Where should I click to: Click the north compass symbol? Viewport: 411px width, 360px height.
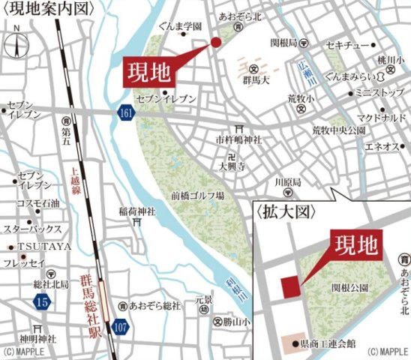coord(16,44)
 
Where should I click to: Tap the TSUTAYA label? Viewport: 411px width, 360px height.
coord(35,246)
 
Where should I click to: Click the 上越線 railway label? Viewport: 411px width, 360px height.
coord(74,181)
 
